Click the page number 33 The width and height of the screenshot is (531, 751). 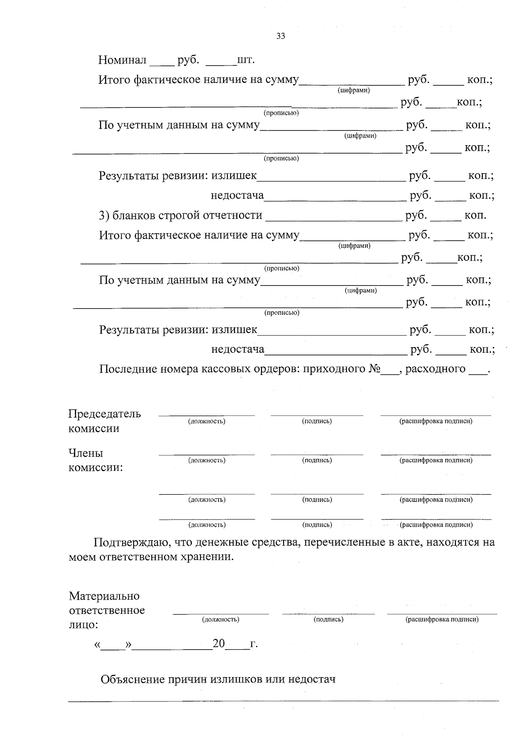pos(281,36)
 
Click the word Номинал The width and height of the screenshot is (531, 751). pos(122,60)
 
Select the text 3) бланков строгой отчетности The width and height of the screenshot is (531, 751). pos(181,216)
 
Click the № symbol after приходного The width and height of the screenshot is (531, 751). pos(374,369)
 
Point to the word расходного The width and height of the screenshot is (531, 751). pos(435,369)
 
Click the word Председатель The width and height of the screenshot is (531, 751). pos(104,414)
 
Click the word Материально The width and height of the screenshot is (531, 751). pos(104,596)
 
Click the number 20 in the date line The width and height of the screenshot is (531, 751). pos(219,643)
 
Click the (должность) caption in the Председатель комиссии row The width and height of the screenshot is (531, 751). pos(207,421)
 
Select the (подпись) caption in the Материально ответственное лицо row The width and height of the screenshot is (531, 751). pos(328,620)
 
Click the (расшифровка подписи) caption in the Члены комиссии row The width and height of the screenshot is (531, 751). pos(436,460)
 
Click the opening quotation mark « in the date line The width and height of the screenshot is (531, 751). pos(97,645)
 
